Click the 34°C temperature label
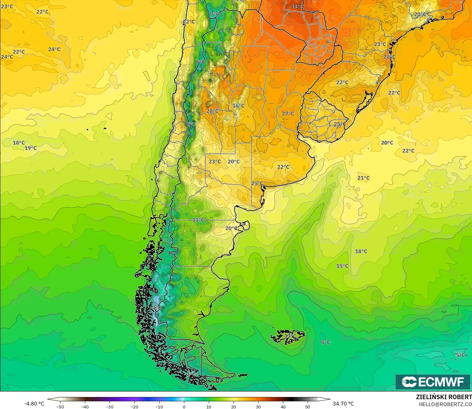point(297,7)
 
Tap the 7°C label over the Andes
point(215,14)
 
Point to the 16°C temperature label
point(238,106)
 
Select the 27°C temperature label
point(288,114)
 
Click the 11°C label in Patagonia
point(198,220)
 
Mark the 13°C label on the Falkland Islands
point(290,336)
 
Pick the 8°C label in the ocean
point(326,342)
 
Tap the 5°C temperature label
point(460,355)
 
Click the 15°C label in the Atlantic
point(342,266)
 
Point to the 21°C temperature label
point(364,178)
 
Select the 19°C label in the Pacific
point(31,148)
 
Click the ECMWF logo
point(433,382)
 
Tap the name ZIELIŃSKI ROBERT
point(444,397)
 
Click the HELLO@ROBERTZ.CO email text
point(445,404)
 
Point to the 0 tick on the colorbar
point(184,406)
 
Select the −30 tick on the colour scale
point(109,406)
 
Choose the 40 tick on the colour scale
point(283,406)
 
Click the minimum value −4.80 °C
point(34,404)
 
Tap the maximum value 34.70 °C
point(343,404)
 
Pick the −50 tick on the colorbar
point(60,406)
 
